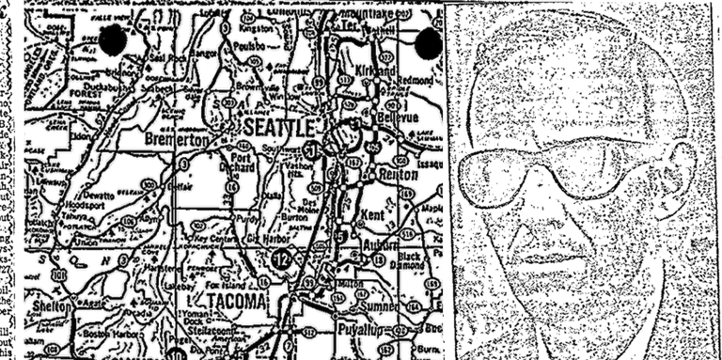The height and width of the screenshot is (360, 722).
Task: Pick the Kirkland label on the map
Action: point(377,71)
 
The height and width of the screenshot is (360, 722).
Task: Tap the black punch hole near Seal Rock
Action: point(114,40)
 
